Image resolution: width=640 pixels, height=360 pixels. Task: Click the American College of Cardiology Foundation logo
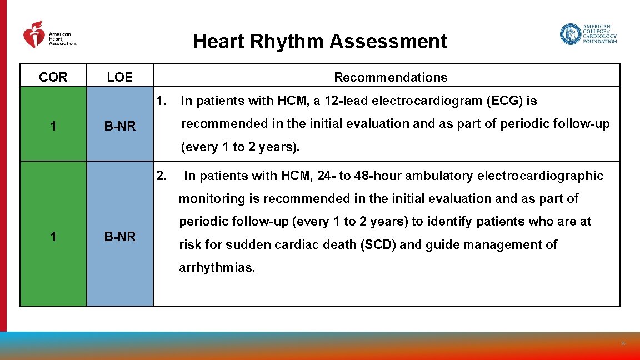click(588, 34)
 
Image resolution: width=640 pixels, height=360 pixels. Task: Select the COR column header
click(53, 77)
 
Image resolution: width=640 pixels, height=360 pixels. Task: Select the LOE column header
click(120, 77)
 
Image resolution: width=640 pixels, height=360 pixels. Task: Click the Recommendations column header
click(391, 77)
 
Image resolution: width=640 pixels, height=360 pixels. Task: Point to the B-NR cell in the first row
click(120, 126)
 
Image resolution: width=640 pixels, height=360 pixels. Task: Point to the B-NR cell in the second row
click(120, 237)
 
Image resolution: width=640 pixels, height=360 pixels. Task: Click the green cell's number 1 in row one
click(53, 126)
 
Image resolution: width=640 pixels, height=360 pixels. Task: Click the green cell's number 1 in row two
click(53, 237)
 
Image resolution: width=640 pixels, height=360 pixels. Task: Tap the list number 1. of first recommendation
click(162, 101)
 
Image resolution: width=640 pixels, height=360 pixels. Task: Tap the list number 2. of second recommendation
click(162, 176)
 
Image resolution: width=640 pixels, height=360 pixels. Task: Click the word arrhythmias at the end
click(217, 268)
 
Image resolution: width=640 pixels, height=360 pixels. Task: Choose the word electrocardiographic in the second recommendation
click(540, 176)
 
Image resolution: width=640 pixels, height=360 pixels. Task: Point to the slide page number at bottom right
click(623, 344)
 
